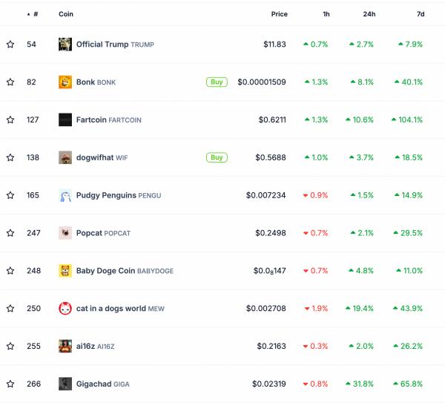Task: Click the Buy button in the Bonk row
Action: coord(217,82)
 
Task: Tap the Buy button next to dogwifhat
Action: coord(217,157)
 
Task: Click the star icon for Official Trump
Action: coord(10,45)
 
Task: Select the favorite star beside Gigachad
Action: coord(10,384)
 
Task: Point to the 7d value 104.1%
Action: coord(409,119)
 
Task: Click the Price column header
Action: coord(279,14)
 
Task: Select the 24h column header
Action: coord(369,14)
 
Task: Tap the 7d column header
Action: coord(421,14)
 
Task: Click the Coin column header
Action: coord(66,14)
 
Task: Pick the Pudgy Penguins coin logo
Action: coord(65,195)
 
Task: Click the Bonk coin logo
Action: coord(65,82)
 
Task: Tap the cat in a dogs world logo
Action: coord(65,308)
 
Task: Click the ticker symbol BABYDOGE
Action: coord(156,271)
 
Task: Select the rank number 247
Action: coord(33,233)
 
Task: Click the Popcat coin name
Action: coord(89,233)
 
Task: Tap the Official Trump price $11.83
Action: coord(274,45)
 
